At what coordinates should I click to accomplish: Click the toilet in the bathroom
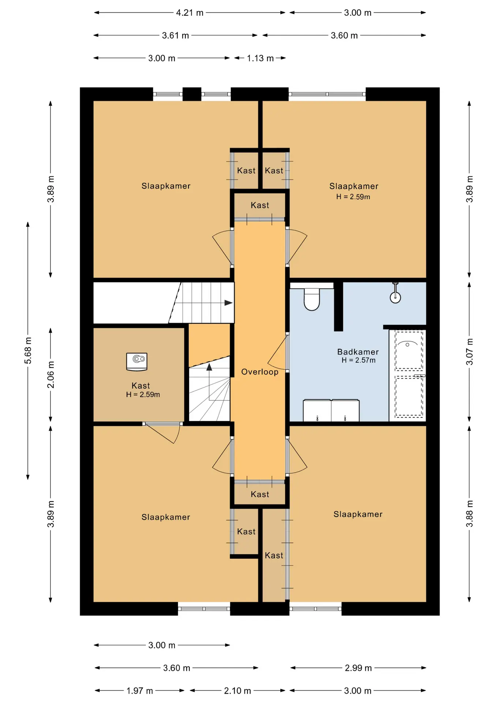[x=312, y=300]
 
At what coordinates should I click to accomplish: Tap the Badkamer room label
[x=358, y=352]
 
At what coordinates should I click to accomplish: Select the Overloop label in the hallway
[x=260, y=372]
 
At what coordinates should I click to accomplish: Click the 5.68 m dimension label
[x=28, y=351]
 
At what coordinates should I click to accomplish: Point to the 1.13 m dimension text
[x=260, y=58]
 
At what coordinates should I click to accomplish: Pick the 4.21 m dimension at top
[x=190, y=13]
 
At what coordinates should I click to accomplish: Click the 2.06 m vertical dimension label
[x=51, y=375]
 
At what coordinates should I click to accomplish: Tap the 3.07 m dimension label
[x=470, y=351]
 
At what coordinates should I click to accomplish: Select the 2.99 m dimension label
[x=358, y=668]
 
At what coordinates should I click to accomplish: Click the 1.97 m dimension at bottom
[x=139, y=691]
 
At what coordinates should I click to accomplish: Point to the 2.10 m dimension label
[x=238, y=691]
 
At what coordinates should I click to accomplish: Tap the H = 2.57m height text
[x=359, y=360]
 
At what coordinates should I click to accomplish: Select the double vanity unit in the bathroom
[x=331, y=410]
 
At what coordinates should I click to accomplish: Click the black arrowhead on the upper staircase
[x=228, y=303]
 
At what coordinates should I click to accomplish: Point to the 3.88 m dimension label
[x=470, y=514]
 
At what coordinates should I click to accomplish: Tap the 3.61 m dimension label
[x=176, y=36]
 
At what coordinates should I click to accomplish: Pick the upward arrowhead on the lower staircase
[x=209, y=367]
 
